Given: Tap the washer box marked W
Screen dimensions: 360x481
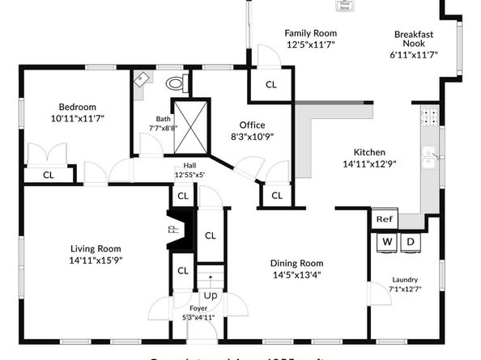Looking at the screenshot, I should point(387,242).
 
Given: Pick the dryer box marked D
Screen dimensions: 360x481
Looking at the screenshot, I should point(411,242).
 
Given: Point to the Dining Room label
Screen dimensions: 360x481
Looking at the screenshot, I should point(297,263).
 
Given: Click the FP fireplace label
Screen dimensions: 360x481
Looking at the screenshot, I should point(172,230).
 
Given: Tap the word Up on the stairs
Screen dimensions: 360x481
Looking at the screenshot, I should point(210,295).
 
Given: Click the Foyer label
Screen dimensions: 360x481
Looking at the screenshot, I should point(198,308).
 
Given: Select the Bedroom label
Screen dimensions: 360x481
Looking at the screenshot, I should point(77,107).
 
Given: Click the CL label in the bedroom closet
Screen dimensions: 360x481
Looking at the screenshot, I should point(48,174).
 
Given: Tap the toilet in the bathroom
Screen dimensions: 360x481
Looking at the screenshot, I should point(176,82).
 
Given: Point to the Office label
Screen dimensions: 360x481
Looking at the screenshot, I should point(252,125).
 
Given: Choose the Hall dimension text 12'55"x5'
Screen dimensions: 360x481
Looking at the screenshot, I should point(189,174).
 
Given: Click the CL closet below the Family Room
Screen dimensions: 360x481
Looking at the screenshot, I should point(271,83).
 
